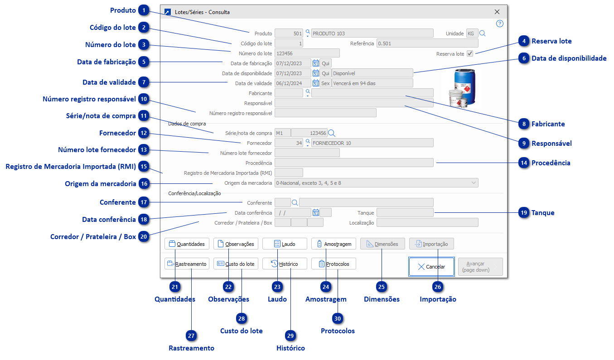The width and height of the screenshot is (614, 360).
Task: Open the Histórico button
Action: coord(285,264)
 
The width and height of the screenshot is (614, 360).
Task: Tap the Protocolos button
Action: coord(334,264)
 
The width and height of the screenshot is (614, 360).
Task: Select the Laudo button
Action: coord(285,244)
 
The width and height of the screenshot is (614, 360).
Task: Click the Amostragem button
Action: coord(334,244)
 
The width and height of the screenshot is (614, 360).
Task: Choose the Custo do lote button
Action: coord(236,264)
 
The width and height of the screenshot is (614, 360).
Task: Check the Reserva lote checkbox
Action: coord(470,53)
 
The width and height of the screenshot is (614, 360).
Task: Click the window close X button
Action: coord(497,12)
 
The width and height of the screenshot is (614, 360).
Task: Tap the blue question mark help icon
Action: coord(499,24)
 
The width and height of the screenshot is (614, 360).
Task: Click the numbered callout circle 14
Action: coord(524,163)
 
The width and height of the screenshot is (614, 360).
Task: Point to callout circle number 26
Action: coord(438,286)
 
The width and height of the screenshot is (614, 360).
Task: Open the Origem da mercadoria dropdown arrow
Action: coord(474,183)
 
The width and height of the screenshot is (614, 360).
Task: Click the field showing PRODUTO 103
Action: coord(372,33)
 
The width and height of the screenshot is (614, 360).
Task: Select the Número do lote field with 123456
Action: coord(307,53)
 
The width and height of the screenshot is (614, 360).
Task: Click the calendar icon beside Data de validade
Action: coord(316,83)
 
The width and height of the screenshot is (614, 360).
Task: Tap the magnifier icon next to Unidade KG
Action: coord(483,33)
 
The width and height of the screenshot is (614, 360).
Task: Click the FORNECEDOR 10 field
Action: coord(372,143)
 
